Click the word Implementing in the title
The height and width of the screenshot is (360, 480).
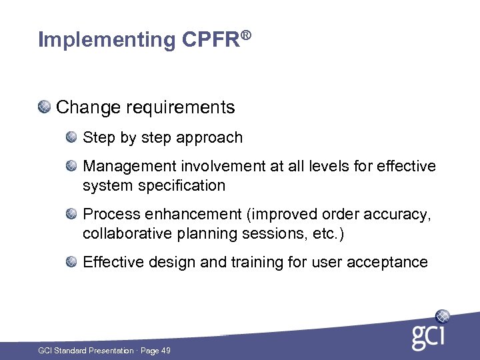pyautogui.click(x=107, y=41)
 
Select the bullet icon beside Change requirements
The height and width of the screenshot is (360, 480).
pyautogui.click(x=44, y=107)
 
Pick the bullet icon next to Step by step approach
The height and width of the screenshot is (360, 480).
pyautogui.click(x=71, y=137)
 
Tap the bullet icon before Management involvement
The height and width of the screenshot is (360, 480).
pyautogui.click(x=71, y=165)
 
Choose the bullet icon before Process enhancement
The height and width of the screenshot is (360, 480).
pyautogui.click(x=71, y=213)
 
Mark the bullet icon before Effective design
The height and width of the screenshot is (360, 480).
pyautogui.click(x=71, y=261)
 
